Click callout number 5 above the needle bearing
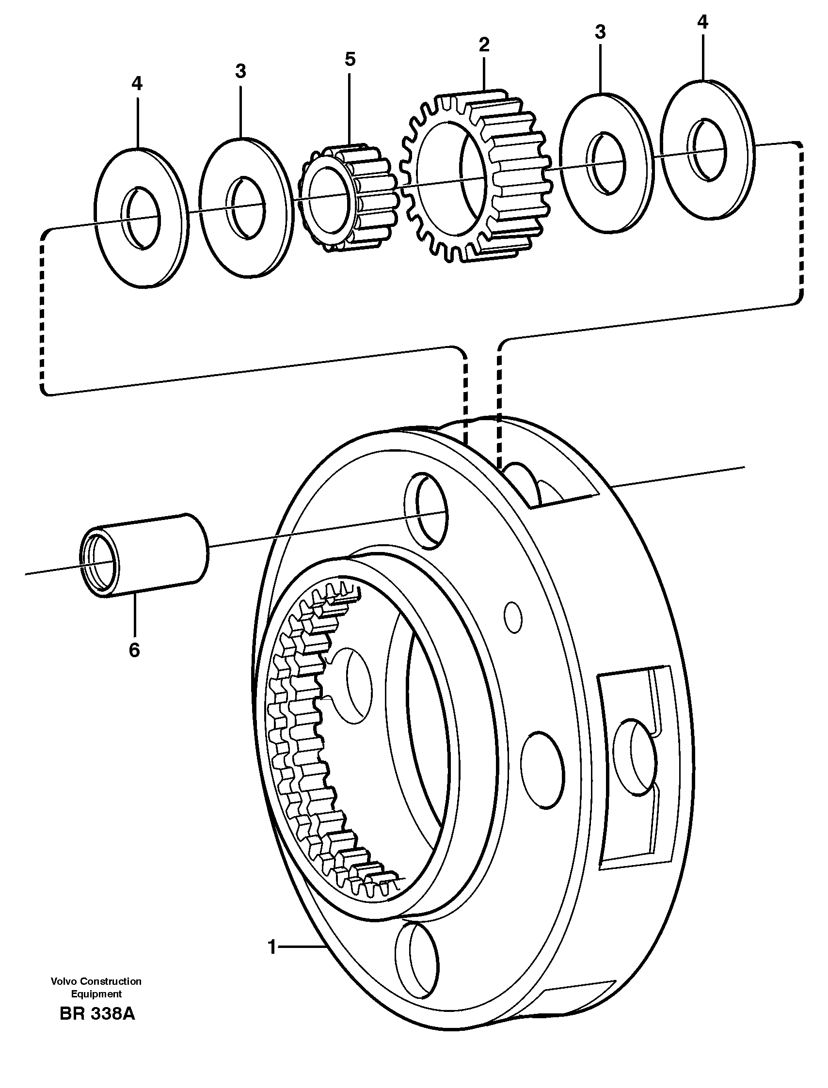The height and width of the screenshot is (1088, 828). [350, 59]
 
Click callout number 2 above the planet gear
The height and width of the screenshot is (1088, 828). [484, 45]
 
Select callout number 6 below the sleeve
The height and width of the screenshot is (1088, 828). [134, 650]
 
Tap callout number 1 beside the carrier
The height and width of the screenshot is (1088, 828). [271, 946]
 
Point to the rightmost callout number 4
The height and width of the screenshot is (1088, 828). [702, 22]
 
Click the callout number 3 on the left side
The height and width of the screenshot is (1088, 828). [240, 71]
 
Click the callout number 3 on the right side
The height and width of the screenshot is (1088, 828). [600, 32]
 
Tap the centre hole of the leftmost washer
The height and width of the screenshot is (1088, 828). [142, 218]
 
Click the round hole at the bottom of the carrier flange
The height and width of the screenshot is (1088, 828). [416, 965]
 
